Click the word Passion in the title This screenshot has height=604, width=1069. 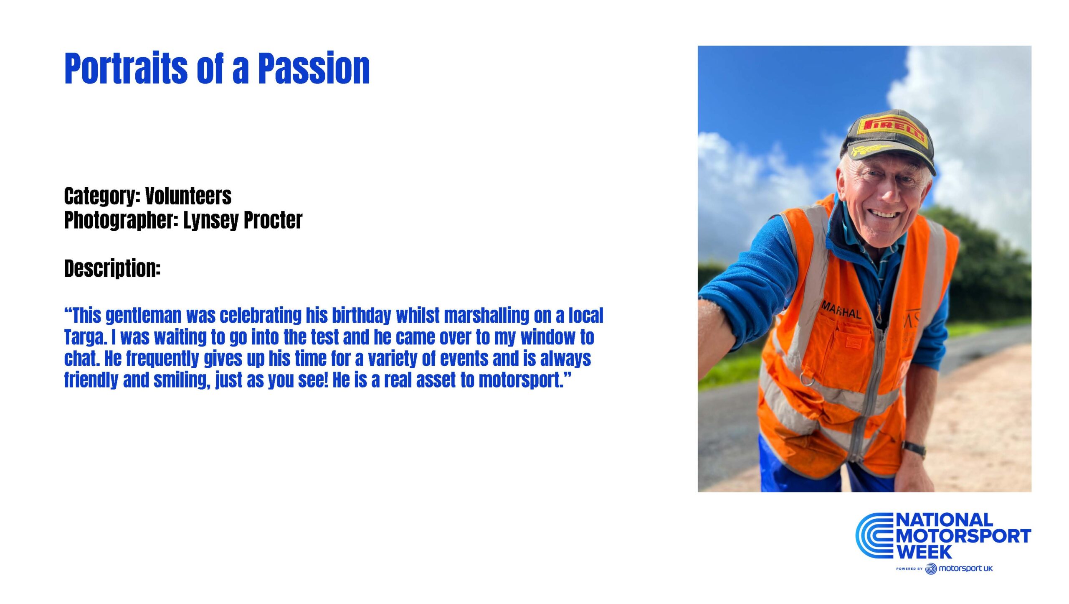[314, 69]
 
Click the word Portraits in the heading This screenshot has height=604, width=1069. [126, 69]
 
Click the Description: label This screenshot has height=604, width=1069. [112, 268]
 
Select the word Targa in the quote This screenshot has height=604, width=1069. [85, 338]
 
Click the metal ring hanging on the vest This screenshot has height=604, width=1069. [807, 379]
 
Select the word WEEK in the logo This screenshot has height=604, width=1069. [924, 551]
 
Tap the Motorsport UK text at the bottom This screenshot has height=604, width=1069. [965, 568]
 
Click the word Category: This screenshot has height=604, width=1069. [102, 196]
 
